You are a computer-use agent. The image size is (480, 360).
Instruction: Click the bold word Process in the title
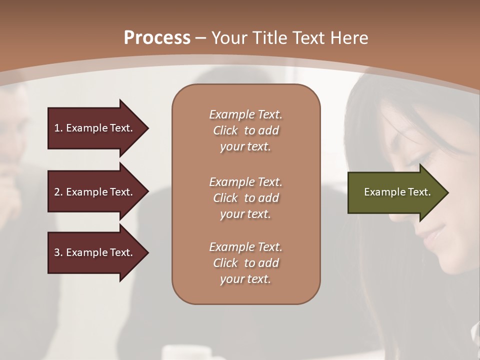pyautogui.click(x=157, y=37)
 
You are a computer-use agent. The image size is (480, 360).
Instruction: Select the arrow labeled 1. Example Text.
pyautogui.click(x=95, y=128)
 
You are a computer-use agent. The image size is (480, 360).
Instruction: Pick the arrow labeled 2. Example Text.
pyautogui.click(x=95, y=192)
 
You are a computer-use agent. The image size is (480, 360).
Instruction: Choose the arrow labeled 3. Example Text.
pyautogui.click(x=95, y=252)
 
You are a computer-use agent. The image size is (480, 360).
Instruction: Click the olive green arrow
pyautogui.click(x=395, y=192)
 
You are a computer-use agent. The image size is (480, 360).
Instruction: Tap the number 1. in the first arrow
pyautogui.click(x=58, y=128)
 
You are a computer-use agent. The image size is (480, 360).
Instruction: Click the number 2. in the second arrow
pyautogui.click(x=58, y=192)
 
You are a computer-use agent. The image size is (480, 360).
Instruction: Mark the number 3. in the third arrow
pyautogui.click(x=58, y=252)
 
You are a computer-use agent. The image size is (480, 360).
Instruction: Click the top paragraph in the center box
pyautogui.click(x=245, y=130)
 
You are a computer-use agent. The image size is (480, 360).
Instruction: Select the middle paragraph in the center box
pyautogui.click(x=245, y=198)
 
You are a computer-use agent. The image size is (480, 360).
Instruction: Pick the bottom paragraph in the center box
pyautogui.click(x=245, y=263)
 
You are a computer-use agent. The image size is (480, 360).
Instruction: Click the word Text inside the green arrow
pyautogui.click(x=419, y=192)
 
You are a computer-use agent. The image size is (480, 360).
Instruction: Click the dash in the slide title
pyautogui.click(x=200, y=38)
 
